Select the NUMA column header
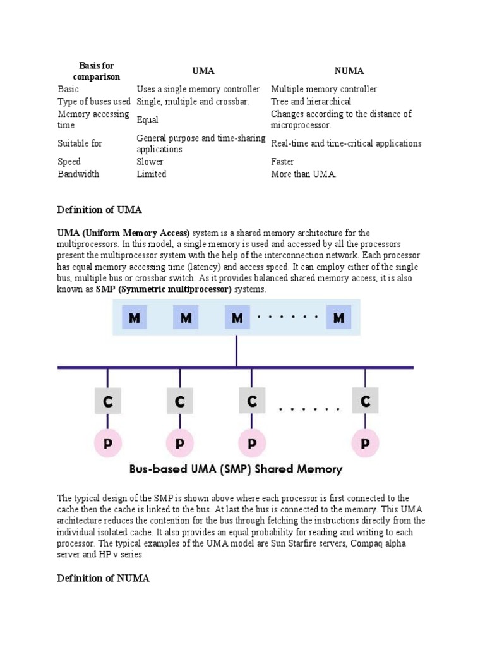349,71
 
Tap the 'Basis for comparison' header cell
96,71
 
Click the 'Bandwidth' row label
78,174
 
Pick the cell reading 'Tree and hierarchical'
311,101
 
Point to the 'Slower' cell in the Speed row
150,162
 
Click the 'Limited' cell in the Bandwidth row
152,174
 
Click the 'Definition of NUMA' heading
104,578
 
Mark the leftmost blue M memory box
135,317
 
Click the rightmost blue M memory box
339,317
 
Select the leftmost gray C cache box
107,401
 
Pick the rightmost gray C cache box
365,401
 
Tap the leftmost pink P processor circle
107,444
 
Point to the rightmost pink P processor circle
365,444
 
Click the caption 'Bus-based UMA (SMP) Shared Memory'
236,469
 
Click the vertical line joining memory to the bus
237,350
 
